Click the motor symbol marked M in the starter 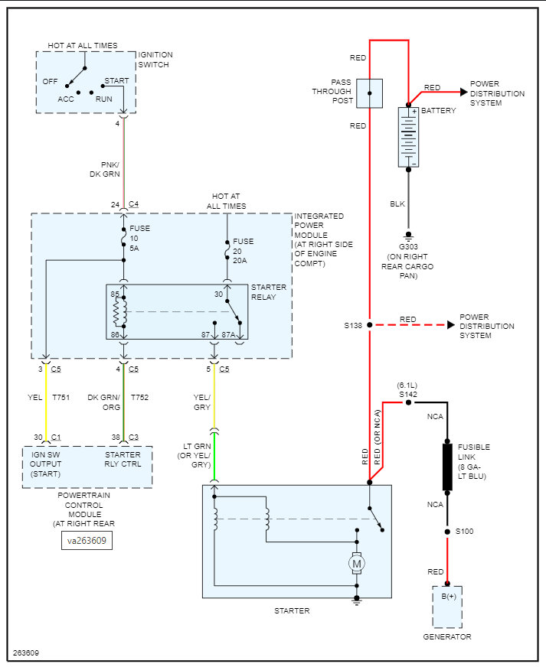tap(356, 564)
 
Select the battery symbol tap(408, 137)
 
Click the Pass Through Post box tap(370, 93)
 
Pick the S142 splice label tap(408, 393)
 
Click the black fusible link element tap(448, 466)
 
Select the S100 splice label tap(463, 531)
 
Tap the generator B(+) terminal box tap(447, 606)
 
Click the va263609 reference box tap(87, 540)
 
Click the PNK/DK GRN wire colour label tap(104, 168)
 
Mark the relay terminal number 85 tap(114, 294)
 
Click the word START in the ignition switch tap(116, 80)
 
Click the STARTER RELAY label tap(269, 292)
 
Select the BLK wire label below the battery tap(397, 204)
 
